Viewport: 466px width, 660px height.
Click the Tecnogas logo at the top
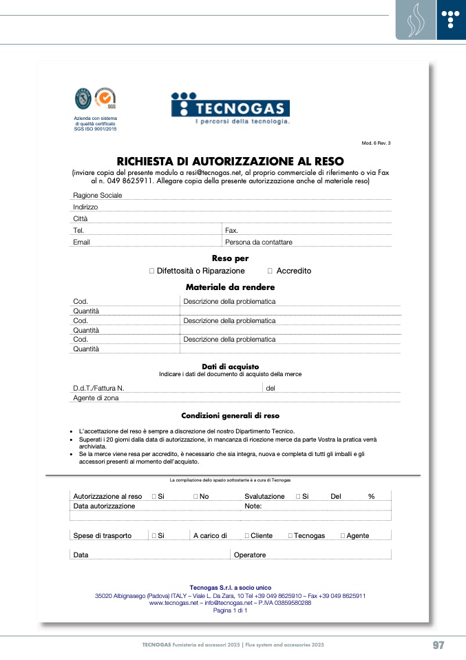tap(230, 109)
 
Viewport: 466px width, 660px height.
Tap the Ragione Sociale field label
tap(98, 196)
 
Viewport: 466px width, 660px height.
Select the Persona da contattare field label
tap(259, 243)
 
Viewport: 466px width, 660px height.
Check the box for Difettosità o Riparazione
tap(151, 271)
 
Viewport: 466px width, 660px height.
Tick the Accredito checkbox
tap(270, 271)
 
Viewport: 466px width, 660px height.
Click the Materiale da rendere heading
tap(231, 287)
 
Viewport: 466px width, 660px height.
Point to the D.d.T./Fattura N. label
tap(98, 389)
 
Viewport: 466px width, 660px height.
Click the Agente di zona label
tap(96, 398)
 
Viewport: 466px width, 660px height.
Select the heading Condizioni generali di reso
tap(230, 416)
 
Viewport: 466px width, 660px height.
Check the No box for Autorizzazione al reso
tap(195, 497)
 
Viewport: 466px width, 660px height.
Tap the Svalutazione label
tap(264, 497)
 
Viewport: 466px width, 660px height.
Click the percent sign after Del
tap(371, 497)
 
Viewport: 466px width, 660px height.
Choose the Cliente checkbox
tap(247, 536)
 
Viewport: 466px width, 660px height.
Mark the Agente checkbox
tap(343, 536)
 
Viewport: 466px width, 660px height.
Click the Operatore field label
tap(250, 555)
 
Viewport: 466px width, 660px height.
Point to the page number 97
tap(438, 646)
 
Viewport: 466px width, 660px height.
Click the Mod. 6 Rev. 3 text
tap(376, 143)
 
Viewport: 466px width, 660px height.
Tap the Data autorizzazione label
tap(104, 506)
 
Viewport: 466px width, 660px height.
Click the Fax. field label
tap(232, 231)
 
